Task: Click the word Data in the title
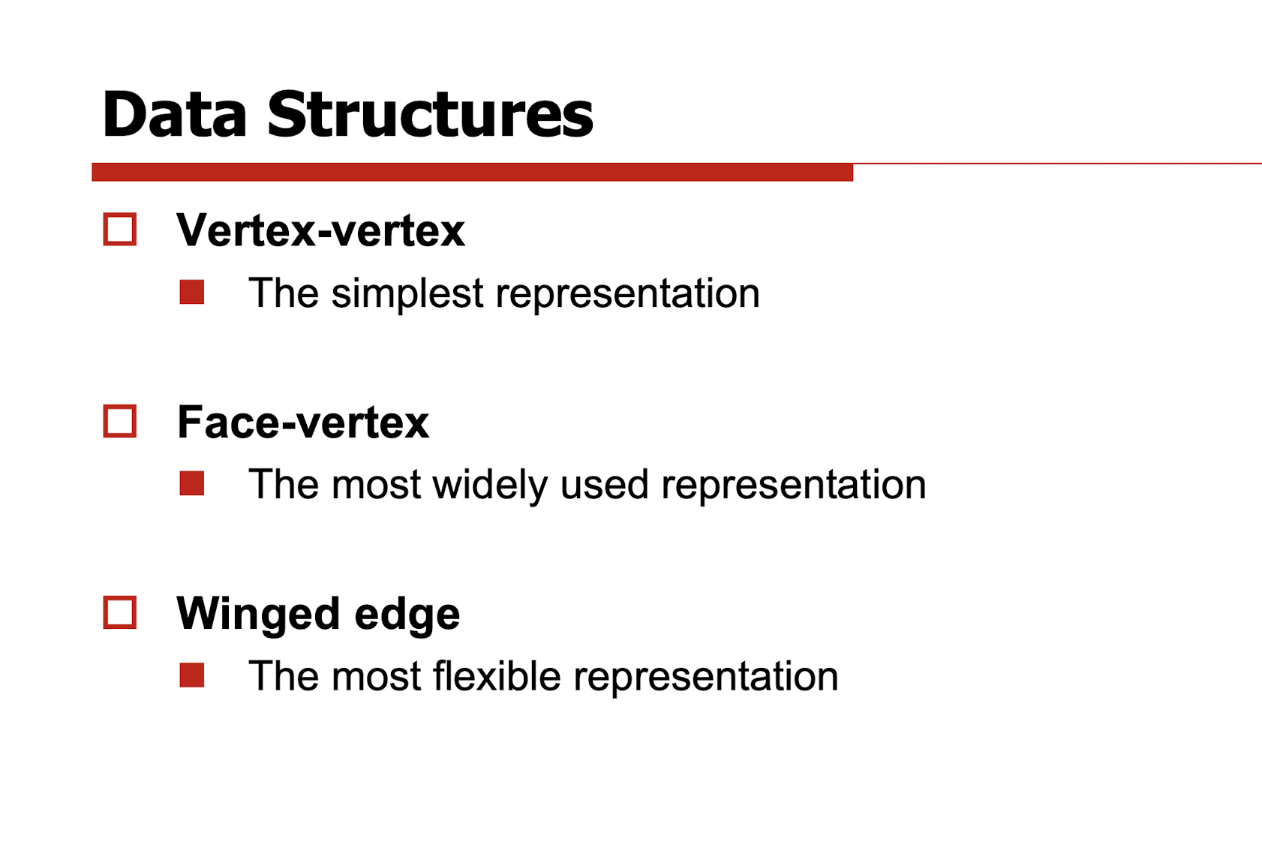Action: (175, 114)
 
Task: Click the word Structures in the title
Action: (430, 114)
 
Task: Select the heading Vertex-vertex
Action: (320, 230)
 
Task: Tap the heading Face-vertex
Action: (303, 422)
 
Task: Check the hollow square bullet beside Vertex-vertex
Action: (120, 230)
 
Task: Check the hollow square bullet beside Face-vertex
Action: (120, 421)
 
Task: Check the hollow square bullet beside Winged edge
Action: (120, 612)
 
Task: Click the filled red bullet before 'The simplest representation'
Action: (191, 293)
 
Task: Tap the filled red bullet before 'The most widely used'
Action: (191, 484)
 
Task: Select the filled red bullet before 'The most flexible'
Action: (191, 675)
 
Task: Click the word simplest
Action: (407, 294)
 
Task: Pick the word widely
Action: (490, 486)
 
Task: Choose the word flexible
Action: (497, 676)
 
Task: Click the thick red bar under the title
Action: (472, 172)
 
